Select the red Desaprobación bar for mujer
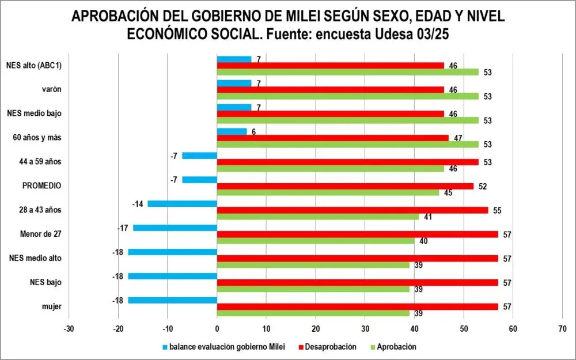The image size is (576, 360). coord(358,306)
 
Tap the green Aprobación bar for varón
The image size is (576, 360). coord(348,96)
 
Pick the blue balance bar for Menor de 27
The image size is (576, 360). coord(175,228)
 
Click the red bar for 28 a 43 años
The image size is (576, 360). coord(353,210)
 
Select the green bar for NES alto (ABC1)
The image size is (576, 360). coord(348,72)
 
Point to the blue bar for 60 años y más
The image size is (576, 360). coord(232,131)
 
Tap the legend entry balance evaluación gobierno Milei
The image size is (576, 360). coord(224,347)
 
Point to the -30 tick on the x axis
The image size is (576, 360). coord(69,329)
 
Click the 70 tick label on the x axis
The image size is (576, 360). coord(562,329)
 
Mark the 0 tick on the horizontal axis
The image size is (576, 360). coord(217,329)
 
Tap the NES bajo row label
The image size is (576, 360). coord(46,282)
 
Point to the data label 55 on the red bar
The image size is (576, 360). coord(497,211)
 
